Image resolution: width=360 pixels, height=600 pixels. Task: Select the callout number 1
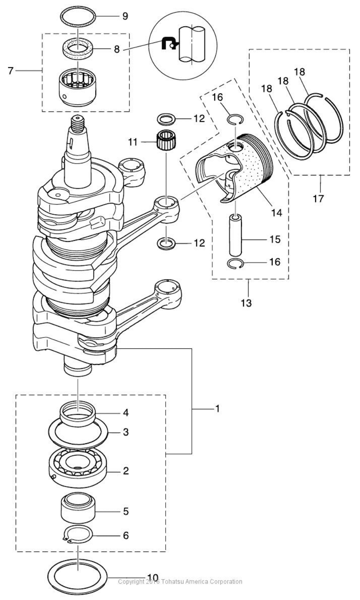click(217, 408)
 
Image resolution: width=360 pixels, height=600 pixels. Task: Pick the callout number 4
click(126, 413)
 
